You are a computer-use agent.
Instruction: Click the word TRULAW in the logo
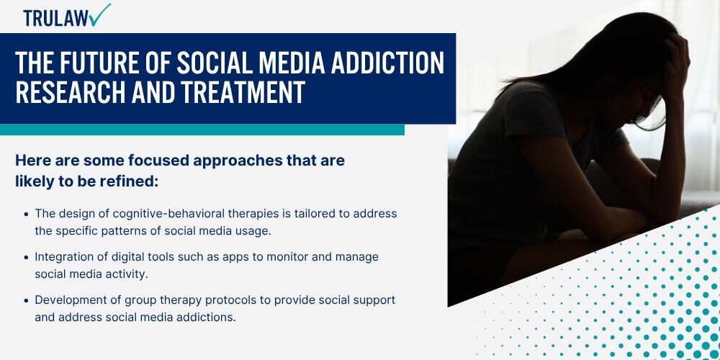click(54, 17)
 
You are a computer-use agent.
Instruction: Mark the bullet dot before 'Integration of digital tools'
click(27, 257)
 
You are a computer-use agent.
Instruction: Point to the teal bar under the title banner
click(202, 130)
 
